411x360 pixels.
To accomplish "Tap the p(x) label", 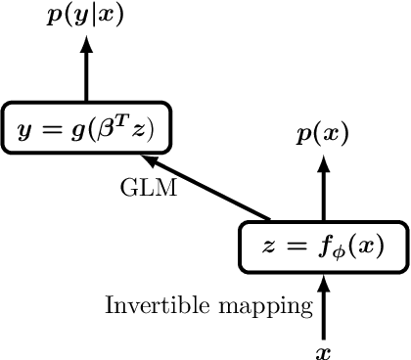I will pyautogui.click(x=322, y=134).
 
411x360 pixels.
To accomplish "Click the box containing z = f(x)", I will pyautogui.click(x=322, y=246).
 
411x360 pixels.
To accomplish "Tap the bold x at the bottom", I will pyautogui.click(x=323, y=348).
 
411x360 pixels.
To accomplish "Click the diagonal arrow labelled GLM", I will pyautogui.click(x=205, y=187).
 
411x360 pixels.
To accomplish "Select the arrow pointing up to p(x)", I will pyautogui.click(x=322, y=186).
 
